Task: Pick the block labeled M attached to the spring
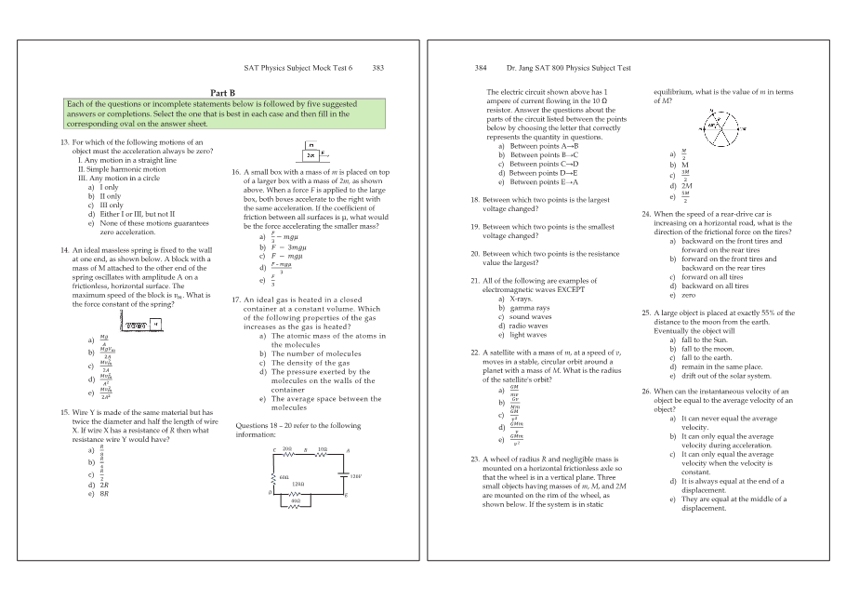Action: (x=156, y=324)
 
